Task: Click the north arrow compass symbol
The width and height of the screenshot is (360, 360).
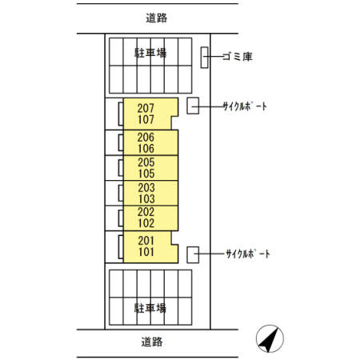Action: (x=270, y=338)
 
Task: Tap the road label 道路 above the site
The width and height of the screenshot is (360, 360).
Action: (x=157, y=18)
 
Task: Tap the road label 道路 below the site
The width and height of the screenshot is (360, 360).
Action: (x=152, y=342)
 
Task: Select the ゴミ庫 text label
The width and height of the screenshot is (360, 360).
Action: (x=238, y=57)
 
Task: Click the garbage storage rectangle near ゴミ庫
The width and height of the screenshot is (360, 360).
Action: (x=205, y=58)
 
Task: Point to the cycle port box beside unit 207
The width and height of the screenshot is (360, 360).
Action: (x=193, y=106)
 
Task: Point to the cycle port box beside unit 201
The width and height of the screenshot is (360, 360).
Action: (x=193, y=255)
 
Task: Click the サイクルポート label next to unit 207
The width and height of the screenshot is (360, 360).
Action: (x=245, y=106)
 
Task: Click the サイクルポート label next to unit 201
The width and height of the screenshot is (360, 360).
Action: (x=248, y=254)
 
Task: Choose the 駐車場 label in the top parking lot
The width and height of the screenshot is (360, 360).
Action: (x=150, y=53)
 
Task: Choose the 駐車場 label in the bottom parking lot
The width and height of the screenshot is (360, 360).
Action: (x=150, y=308)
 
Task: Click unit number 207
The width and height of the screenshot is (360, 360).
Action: (x=146, y=108)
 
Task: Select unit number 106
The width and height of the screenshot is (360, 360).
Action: (x=146, y=149)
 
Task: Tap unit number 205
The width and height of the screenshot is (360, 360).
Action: (x=146, y=162)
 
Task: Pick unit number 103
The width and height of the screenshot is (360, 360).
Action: (x=146, y=199)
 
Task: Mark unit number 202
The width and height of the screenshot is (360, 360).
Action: (x=146, y=212)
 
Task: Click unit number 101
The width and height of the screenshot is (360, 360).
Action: (x=146, y=252)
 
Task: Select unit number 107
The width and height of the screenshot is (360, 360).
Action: (x=146, y=119)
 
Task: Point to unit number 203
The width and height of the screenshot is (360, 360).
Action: (x=146, y=188)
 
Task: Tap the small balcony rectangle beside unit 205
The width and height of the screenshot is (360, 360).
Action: (x=121, y=168)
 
